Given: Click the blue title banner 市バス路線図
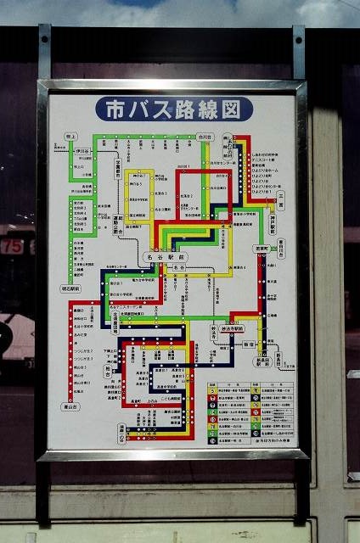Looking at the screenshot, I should click(x=174, y=109).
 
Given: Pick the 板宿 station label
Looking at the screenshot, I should click(x=249, y=345).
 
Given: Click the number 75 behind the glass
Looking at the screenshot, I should click(x=13, y=246).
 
